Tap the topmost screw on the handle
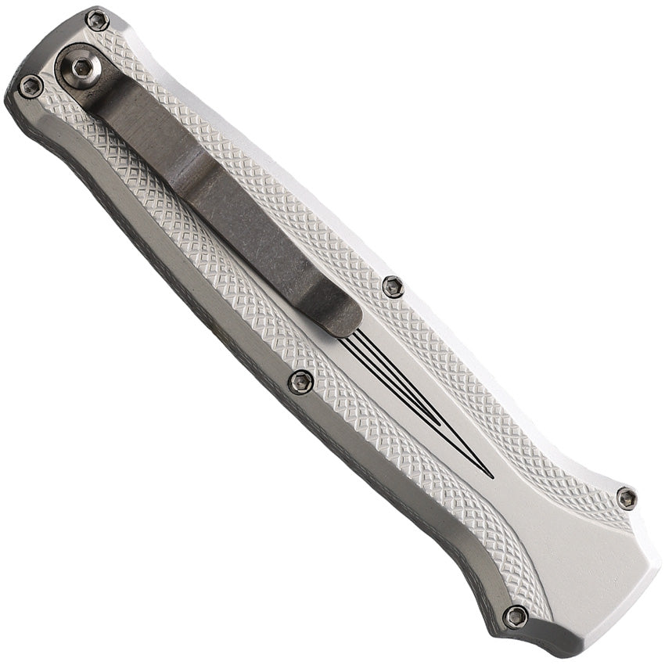click(97, 20)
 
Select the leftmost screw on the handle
click(31, 86)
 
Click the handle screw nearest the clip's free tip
click(394, 287)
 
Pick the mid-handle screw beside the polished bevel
click(300, 381)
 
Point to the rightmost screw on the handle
click(626, 497)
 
